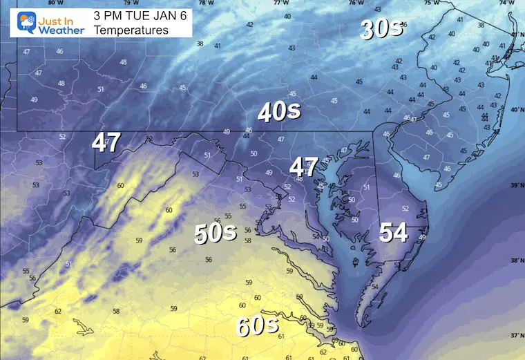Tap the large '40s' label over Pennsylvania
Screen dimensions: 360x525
point(279,111)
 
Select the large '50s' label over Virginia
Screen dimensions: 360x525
point(216,234)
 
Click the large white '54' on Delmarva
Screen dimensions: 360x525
point(392,233)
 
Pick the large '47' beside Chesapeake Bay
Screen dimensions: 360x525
point(303,167)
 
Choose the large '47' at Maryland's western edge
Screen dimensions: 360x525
point(107,143)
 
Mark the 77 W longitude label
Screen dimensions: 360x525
point(280,3)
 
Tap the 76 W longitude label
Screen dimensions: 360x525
point(356,3)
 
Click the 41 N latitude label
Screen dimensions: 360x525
point(515,34)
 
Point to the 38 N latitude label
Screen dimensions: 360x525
point(515,260)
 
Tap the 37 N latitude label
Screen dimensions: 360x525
point(515,335)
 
